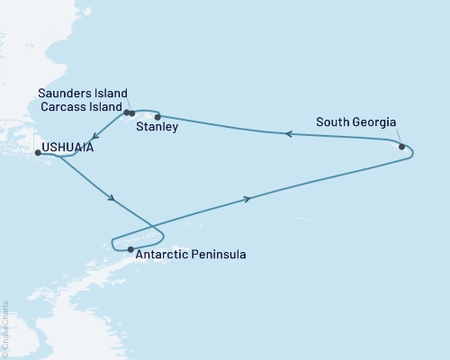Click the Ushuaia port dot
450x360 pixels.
[38, 153]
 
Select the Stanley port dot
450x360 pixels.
[157, 117]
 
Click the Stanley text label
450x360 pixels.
[157, 129]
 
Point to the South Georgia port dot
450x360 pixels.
[401, 144]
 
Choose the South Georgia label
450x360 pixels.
[355, 122]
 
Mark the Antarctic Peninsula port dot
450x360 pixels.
[130, 249]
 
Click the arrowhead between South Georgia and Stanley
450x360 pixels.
[289, 134]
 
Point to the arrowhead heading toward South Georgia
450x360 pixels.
[248, 199]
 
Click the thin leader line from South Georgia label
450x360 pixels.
[396, 136]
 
